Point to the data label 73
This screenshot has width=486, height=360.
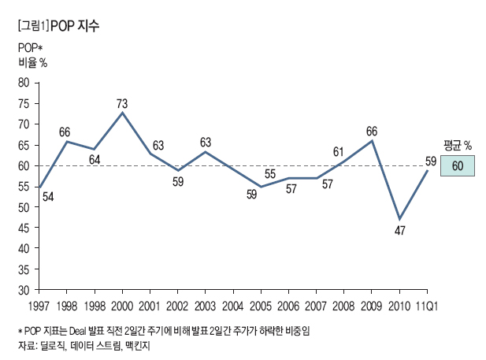pos(122,103)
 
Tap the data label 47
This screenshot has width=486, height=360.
pos(400,231)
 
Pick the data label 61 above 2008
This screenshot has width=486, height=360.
pos(339,152)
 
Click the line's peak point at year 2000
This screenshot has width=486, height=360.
pos(122,113)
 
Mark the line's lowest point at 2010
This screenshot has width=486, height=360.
pos(400,219)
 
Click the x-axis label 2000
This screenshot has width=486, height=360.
pos(122,305)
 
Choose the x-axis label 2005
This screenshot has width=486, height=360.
pos(261,305)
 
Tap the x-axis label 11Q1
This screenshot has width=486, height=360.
pos(428,305)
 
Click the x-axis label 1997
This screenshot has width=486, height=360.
pos(39,305)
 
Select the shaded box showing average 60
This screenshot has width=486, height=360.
pos(457,165)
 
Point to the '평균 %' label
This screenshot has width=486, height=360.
pos(457,145)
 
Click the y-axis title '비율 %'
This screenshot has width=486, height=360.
pos(32,63)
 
